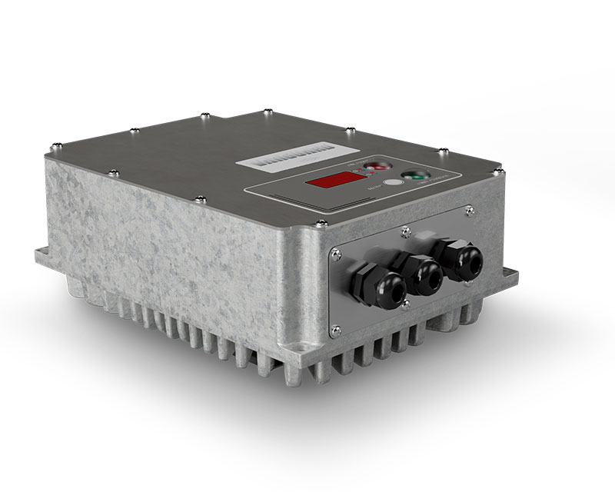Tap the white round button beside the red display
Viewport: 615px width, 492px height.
click(393, 183)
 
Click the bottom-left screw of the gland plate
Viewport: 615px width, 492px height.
click(336, 331)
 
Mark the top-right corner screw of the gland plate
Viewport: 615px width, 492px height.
click(470, 208)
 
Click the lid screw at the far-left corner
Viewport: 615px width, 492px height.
click(55, 144)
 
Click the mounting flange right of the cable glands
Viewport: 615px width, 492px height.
click(507, 276)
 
